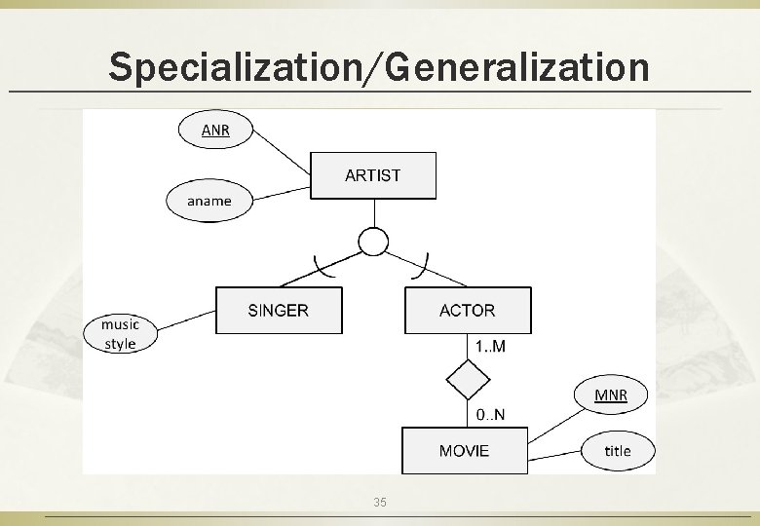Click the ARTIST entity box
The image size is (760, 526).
[372, 175]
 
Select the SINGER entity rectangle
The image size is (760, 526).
[278, 311]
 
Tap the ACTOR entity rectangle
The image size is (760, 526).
[468, 311]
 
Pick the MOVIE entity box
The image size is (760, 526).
[464, 450]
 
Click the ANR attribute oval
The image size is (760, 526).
[214, 130]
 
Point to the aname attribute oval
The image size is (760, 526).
[209, 201]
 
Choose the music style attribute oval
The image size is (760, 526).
[120, 333]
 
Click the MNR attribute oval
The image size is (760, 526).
[611, 394]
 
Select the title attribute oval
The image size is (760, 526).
[618, 450]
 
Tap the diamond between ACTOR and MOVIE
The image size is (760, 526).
[468, 380]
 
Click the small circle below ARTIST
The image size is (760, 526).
[373, 241]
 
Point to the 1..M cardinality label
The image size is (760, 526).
[490, 346]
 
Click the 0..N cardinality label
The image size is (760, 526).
[490, 415]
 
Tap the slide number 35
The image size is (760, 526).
[380, 502]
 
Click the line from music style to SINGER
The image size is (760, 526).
[185, 319]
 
